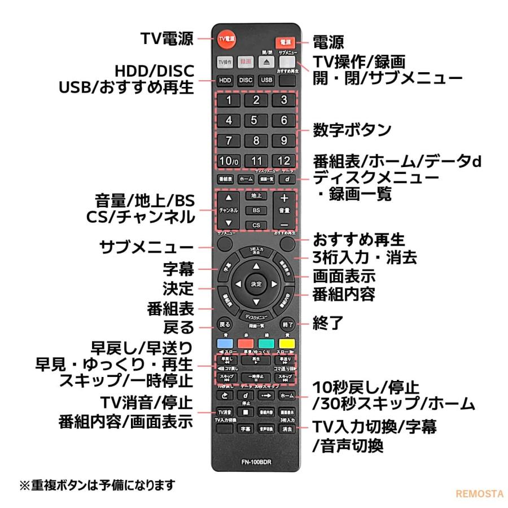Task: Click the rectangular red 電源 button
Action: coord(285,42)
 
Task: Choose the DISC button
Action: coord(246,80)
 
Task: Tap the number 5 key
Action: coord(255,120)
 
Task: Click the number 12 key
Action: coord(284,160)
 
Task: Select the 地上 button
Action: coord(256,196)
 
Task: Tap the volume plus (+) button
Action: coord(284,198)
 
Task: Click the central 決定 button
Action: coord(256,283)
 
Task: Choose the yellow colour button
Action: coord(287,343)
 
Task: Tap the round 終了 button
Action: coord(287,325)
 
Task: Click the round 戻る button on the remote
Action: coord(224,325)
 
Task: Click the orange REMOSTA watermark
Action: coord(479,493)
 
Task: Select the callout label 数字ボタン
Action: coord(352,130)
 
